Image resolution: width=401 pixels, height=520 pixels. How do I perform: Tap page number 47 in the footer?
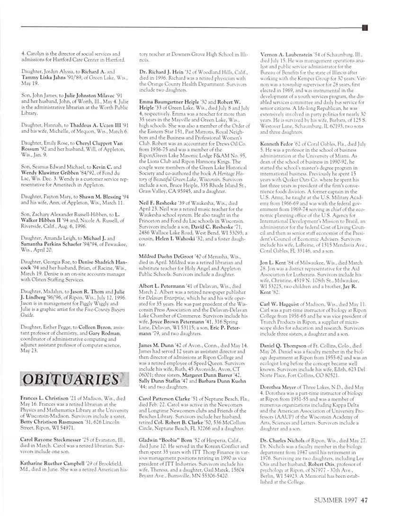364,499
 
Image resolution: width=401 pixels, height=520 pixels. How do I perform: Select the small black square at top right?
365,28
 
